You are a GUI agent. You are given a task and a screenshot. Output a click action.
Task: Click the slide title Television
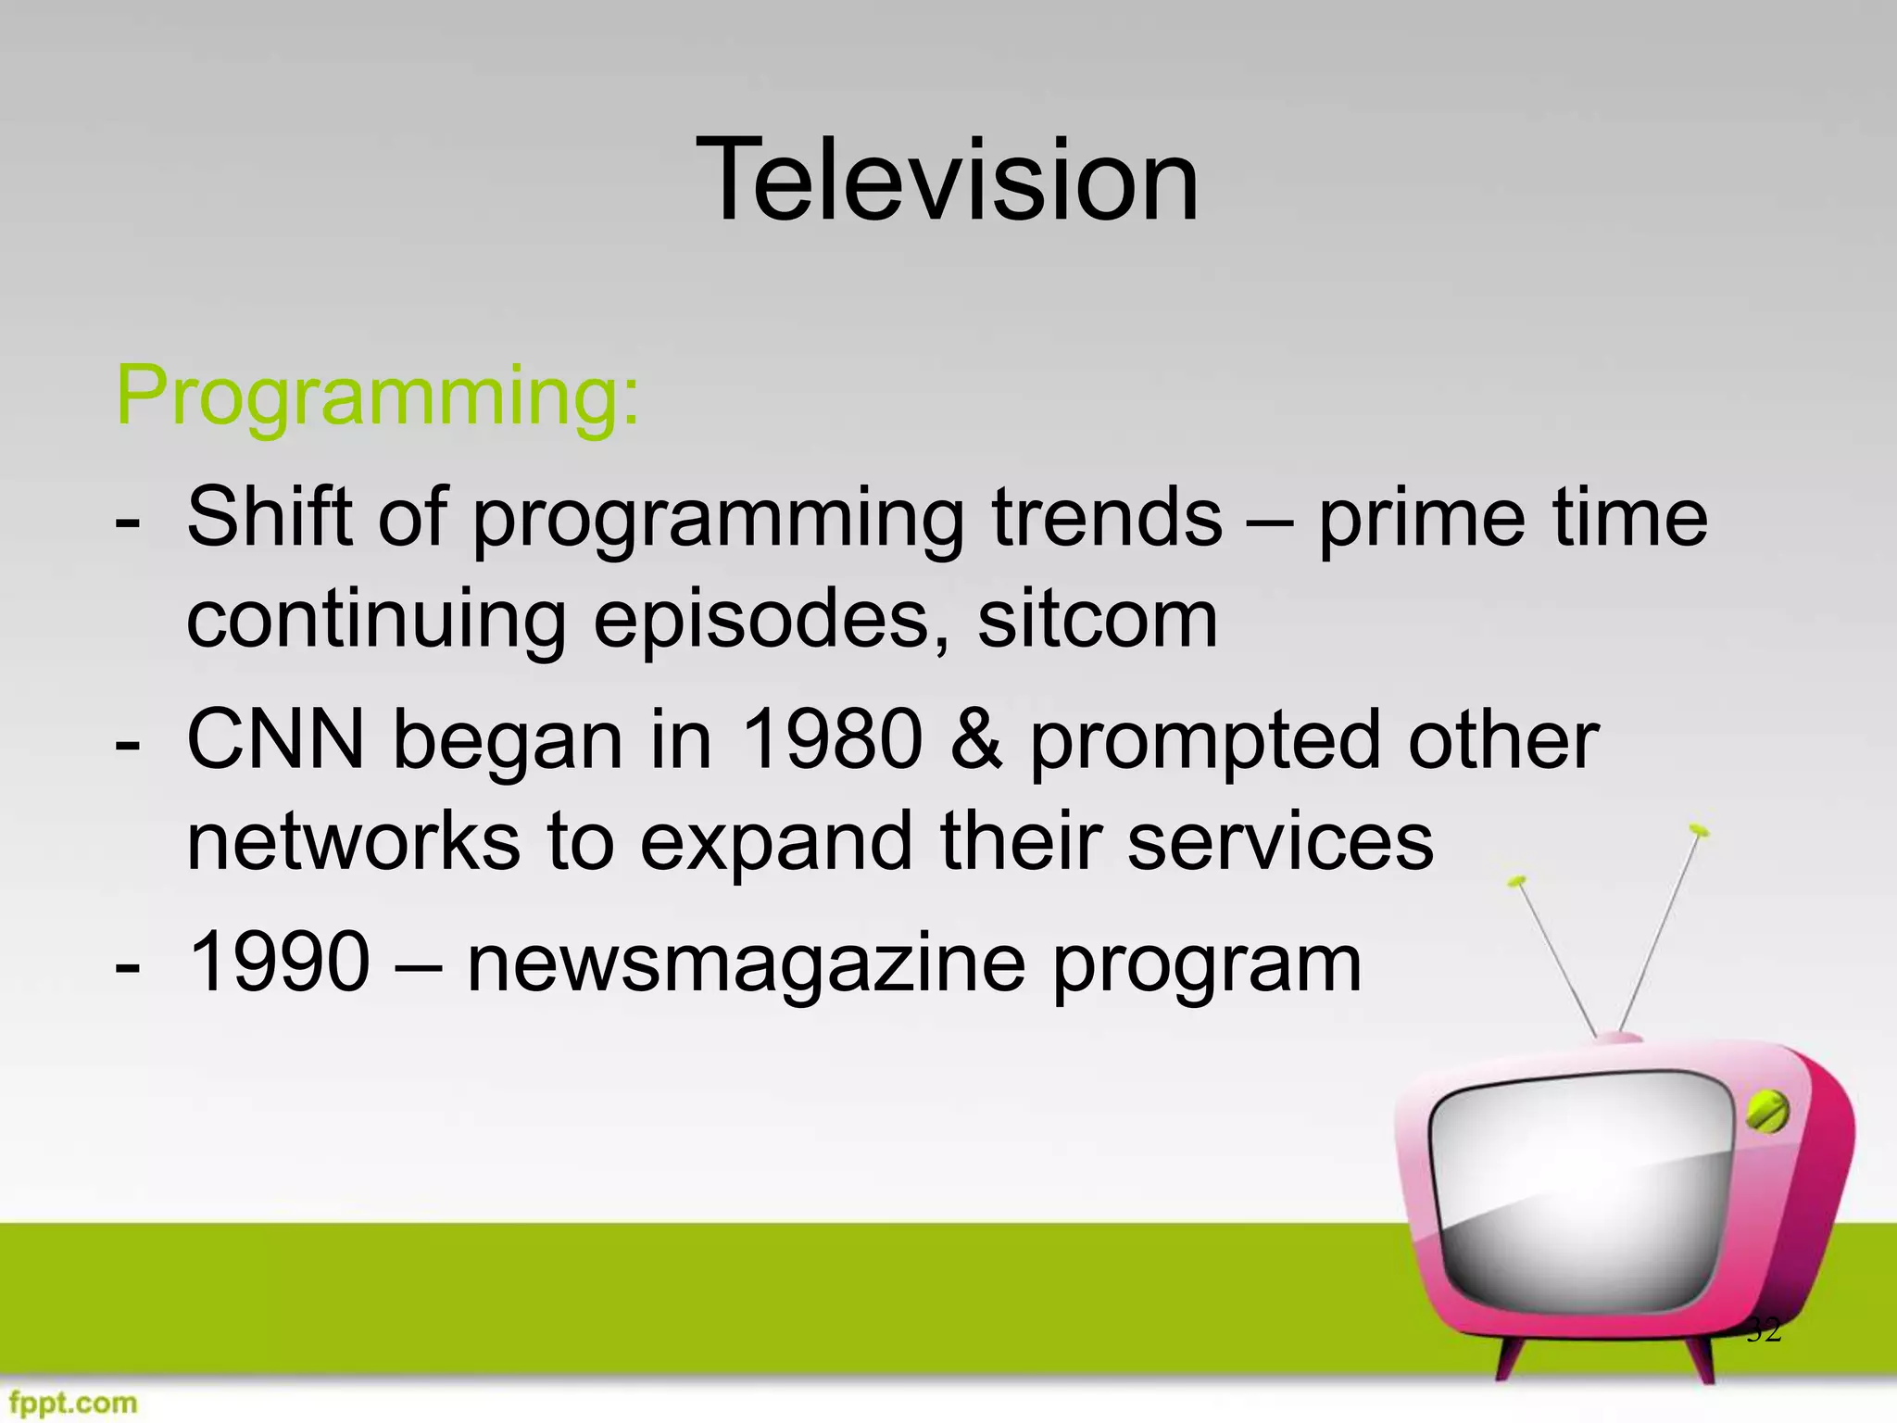point(948,180)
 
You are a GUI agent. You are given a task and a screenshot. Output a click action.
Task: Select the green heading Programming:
point(377,398)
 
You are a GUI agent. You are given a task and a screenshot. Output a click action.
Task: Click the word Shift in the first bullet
point(269,517)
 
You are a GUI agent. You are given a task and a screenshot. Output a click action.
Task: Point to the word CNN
point(276,740)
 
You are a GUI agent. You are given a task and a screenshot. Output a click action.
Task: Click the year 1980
point(832,740)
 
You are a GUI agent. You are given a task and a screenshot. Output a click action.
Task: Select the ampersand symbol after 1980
point(975,740)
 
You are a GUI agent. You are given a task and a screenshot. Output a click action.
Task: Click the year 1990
point(278,963)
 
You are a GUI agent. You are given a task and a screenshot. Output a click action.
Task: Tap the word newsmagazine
point(746,963)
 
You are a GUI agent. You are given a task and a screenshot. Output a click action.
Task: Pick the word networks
point(353,841)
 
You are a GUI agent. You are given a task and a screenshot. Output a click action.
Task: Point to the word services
point(1280,841)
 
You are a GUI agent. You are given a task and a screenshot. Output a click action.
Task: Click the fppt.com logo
point(69,1403)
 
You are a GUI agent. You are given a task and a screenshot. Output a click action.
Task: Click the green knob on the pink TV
point(1766,1113)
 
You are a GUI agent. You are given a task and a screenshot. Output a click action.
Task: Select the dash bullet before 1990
point(128,966)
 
